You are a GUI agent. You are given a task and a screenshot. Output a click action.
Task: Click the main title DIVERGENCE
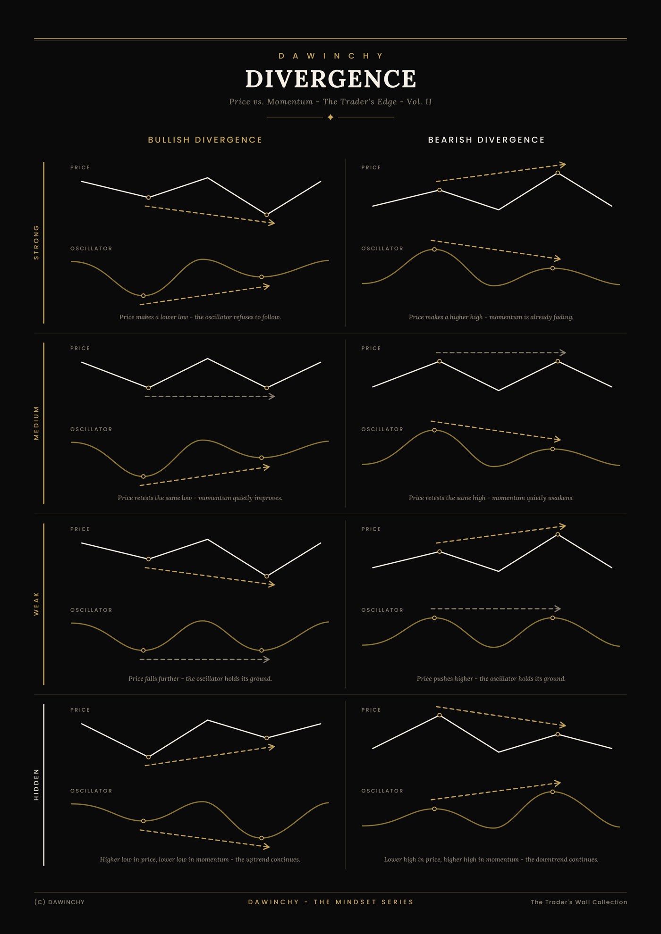[330, 79]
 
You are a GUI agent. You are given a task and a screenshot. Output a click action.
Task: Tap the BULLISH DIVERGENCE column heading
[205, 140]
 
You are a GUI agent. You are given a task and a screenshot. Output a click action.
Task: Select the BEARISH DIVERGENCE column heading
[486, 140]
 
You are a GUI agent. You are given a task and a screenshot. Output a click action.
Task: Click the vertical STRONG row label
[36, 242]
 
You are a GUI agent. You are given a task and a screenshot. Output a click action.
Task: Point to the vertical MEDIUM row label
[36, 423]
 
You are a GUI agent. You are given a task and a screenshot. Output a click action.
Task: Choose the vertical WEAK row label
[36, 604]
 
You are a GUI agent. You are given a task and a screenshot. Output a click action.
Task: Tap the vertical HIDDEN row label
[36, 784]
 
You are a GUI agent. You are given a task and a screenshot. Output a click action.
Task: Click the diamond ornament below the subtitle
[330, 117]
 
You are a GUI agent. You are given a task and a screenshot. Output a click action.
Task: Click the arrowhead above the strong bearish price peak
[562, 165]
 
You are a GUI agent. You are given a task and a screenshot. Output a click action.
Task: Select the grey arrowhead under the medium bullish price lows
[271, 396]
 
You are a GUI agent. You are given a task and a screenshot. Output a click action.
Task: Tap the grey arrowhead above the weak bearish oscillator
[558, 609]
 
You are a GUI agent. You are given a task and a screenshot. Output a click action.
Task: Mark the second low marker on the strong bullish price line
[267, 215]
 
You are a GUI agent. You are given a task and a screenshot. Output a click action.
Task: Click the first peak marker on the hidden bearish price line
[440, 715]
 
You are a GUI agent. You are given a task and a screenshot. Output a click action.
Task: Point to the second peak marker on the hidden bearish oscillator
[552, 792]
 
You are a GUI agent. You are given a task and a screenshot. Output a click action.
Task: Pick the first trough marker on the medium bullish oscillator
[144, 476]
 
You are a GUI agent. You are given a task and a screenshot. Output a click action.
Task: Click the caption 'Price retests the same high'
[447, 498]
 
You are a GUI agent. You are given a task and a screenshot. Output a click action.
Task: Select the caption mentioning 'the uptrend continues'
[200, 859]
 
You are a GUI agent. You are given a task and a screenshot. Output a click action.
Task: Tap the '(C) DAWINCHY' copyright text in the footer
[59, 902]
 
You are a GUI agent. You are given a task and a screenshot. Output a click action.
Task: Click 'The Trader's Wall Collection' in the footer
[579, 902]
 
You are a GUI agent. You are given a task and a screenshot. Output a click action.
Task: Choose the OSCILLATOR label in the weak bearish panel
[382, 610]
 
